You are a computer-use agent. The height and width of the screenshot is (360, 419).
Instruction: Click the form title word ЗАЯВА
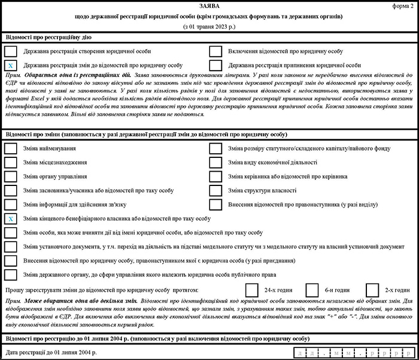(209, 5)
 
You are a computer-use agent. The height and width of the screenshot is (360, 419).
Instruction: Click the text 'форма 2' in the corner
(405, 5)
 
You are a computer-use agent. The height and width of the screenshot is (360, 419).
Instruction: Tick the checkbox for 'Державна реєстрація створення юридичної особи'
(11, 51)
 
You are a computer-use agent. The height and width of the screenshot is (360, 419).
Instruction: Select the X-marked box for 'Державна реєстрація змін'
(11, 65)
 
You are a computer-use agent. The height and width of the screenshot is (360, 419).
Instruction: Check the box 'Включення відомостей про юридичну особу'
(216, 51)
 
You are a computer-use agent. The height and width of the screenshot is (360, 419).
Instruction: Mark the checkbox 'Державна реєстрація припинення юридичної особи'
(216, 65)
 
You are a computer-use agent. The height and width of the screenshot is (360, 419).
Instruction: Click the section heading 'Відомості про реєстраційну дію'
(49, 37)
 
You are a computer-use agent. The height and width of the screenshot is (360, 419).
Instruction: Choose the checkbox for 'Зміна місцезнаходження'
(11, 162)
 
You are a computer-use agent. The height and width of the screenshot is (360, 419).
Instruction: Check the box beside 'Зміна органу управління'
(11, 176)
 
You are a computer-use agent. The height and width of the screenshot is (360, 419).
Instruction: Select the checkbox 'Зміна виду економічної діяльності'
(216, 162)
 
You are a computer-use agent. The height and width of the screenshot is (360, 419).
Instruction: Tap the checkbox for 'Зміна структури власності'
(216, 190)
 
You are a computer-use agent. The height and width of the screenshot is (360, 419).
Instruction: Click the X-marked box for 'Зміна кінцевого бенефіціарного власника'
(11, 219)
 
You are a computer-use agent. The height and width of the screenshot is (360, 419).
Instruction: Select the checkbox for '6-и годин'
(312, 289)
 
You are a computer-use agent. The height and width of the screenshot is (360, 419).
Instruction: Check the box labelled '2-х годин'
(372, 289)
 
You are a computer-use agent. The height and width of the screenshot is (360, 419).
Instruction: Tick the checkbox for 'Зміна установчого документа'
(11, 246)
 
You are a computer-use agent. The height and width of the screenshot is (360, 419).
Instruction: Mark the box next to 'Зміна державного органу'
(11, 274)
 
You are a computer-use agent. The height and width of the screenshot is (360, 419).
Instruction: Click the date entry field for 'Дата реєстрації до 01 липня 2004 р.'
(350, 353)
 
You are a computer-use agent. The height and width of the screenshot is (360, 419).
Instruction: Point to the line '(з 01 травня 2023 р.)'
(209, 28)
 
